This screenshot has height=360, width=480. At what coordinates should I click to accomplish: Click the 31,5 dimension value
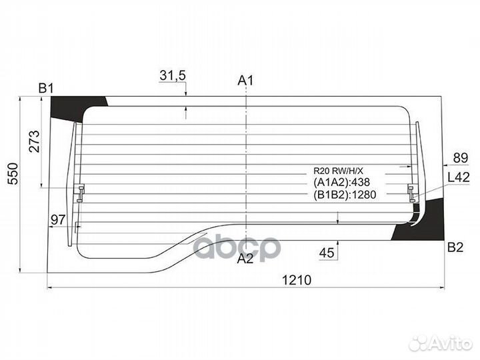pos(173,75)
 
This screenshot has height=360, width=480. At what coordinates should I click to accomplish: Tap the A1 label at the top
pos(245,81)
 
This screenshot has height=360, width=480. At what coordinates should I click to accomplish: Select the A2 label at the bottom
pos(245,259)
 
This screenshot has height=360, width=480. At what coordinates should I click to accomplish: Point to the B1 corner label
pos(46,89)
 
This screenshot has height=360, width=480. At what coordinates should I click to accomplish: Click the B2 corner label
pos(455,247)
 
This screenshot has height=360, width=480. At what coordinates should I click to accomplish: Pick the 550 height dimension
pos(13,173)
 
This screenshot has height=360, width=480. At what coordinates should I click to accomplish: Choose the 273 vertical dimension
pos(34,141)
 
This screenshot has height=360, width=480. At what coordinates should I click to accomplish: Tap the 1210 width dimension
pos(296,280)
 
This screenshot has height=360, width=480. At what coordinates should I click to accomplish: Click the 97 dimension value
pos(58,219)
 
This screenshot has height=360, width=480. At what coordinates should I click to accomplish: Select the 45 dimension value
pos(327,253)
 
